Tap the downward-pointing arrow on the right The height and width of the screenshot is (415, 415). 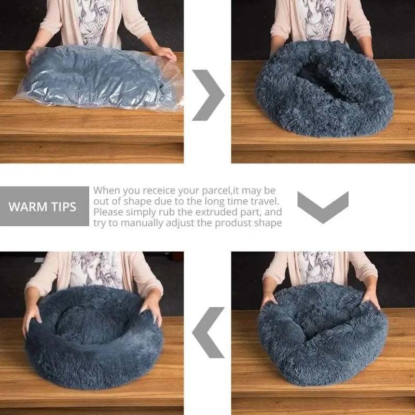click(x=323, y=207)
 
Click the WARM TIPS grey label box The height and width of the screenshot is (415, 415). click(x=44, y=206)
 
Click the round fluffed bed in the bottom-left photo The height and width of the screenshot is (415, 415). click(x=93, y=337)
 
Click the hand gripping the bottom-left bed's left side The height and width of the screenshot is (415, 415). click(x=31, y=316)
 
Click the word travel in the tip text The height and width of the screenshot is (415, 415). click(x=265, y=201)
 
